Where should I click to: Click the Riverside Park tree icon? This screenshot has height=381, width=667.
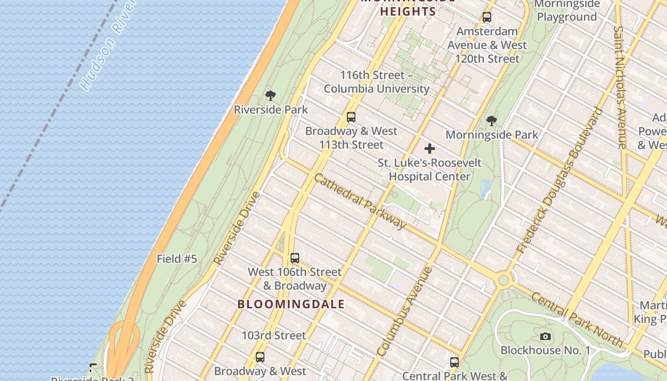tap(271, 95)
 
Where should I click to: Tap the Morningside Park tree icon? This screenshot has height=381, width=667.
tap(492, 121)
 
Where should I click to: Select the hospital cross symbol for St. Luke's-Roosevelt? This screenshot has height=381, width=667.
tap(430, 149)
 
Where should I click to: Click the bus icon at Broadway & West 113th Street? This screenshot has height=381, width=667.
tap(351, 117)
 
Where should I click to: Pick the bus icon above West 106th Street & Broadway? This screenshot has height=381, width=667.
tap(295, 258)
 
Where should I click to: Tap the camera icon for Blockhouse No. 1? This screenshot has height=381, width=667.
tap(546, 337)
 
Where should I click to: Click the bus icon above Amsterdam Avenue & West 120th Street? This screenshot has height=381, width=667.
tap(487, 17)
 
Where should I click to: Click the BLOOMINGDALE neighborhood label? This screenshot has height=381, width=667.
tap(291, 304)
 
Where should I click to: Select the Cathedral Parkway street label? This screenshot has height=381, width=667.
tap(360, 201)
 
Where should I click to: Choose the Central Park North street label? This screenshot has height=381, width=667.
tap(576, 319)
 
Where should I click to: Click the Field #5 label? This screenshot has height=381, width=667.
tap(177, 259)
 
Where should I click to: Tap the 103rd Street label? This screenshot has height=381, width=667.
tap(273, 335)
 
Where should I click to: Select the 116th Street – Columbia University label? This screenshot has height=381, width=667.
tap(376, 82)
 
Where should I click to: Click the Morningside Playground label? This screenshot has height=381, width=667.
tap(567, 10)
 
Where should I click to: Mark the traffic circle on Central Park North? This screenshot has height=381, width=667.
tap(503, 280)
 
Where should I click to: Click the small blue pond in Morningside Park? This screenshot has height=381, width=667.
tap(485, 189)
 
